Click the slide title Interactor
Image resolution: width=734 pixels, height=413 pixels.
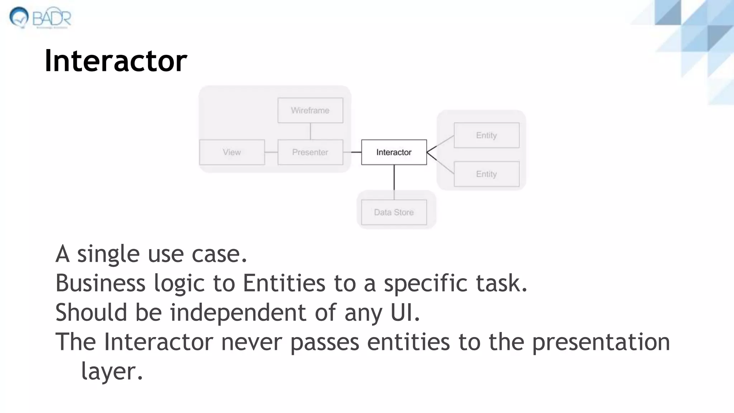click(x=116, y=61)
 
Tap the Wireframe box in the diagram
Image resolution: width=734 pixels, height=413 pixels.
click(x=310, y=110)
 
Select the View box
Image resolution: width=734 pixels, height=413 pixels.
click(x=232, y=152)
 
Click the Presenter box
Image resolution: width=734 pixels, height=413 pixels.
click(x=310, y=152)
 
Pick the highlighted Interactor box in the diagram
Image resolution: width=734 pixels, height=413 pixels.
click(x=394, y=152)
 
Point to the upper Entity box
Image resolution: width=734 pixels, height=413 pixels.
click(x=486, y=135)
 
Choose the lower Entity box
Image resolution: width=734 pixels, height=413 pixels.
click(x=486, y=174)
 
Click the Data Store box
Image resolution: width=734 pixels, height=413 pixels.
click(x=394, y=212)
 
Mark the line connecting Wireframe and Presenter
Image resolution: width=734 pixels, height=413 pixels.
click(x=310, y=131)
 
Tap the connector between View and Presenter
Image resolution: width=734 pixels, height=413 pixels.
click(x=271, y=152)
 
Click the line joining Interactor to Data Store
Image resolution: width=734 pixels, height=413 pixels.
click(x=394, y=182)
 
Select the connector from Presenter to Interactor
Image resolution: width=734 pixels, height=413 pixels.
click(x=352, y=152)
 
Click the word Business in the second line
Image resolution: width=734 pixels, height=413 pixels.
click(x=100, y=283)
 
